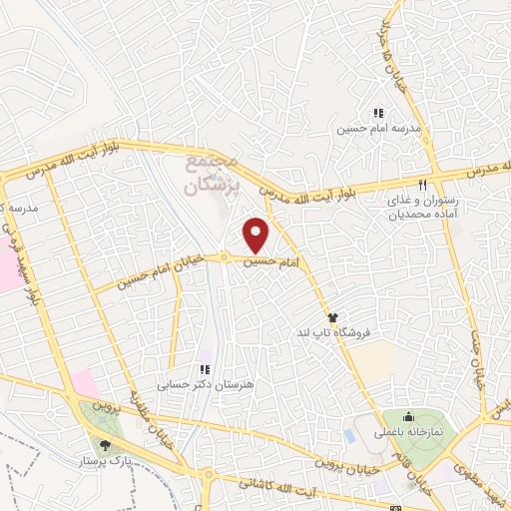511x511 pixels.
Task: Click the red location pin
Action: point(257,234)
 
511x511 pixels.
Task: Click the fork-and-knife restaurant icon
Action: point(423,185)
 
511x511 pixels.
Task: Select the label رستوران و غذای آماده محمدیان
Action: point(423,208)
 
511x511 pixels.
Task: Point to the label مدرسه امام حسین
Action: point(378,130)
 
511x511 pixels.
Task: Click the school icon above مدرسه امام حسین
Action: point(378,114)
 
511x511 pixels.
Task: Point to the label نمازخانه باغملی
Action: point(407,433)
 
